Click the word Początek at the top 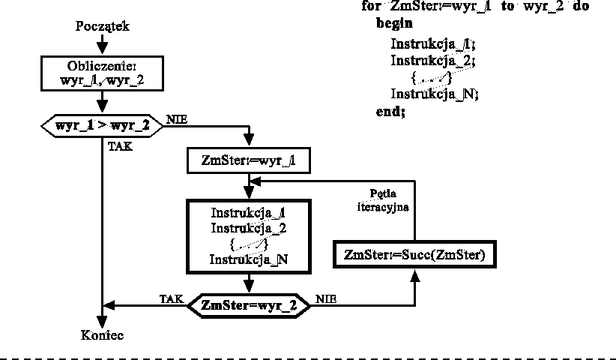[103, 26]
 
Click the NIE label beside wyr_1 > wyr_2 [177, 119]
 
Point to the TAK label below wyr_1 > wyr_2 [121, 147]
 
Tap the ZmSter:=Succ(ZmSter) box [414, 255]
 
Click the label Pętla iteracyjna [383, 199]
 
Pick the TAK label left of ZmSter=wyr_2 [171, 298]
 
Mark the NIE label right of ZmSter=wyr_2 [326, 298]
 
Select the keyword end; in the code [390, 111]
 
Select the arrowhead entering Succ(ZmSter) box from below [414, 275]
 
